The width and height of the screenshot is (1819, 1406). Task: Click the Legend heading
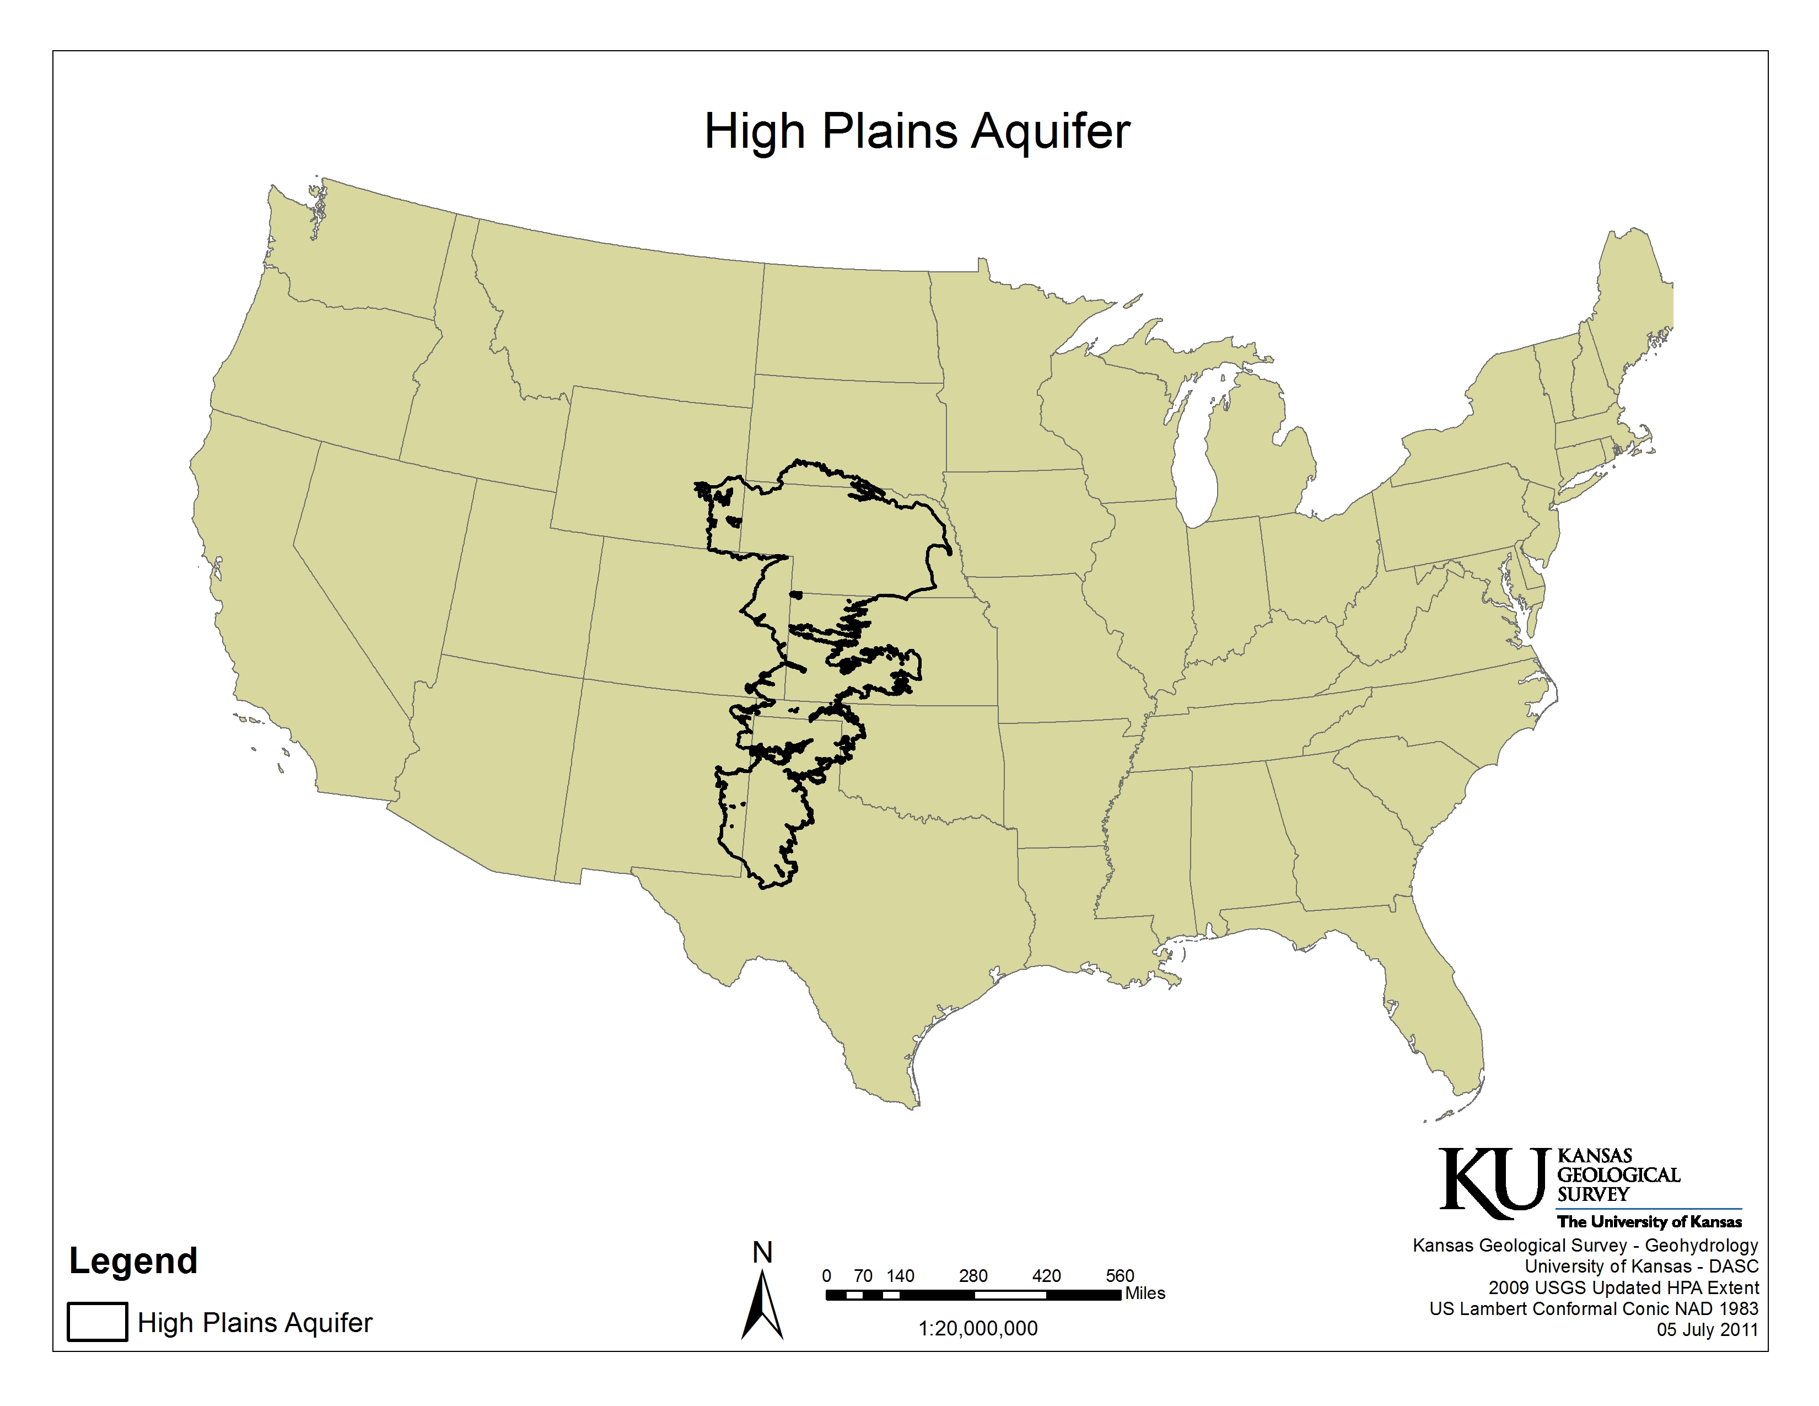pyautogui.click(x=133, y=1260)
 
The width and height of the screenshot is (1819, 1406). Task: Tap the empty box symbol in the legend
pyautogui.click(x=98, y=1322)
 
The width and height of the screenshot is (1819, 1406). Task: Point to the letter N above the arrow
pyautogui.click(x=762, y=1253)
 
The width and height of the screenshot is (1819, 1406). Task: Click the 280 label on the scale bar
pyautogui.click(x=973, y=1276)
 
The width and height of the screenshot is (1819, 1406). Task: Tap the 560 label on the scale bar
pyautogui.click(x=1120, y=1276)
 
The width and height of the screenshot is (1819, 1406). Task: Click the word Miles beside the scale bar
pyautogui.click(x=1145, y=1294)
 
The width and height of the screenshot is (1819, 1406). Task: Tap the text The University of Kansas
pyautogui.click(x=1649, y=1222)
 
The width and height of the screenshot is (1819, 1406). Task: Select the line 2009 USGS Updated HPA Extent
pyautogui.click(x=1623, y=1287)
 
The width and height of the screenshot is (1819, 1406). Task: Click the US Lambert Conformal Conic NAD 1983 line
pyautogui.click(x=1594, y=1308)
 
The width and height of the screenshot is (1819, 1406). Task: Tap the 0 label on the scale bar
pyautogui.click(x=826, y=1276)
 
